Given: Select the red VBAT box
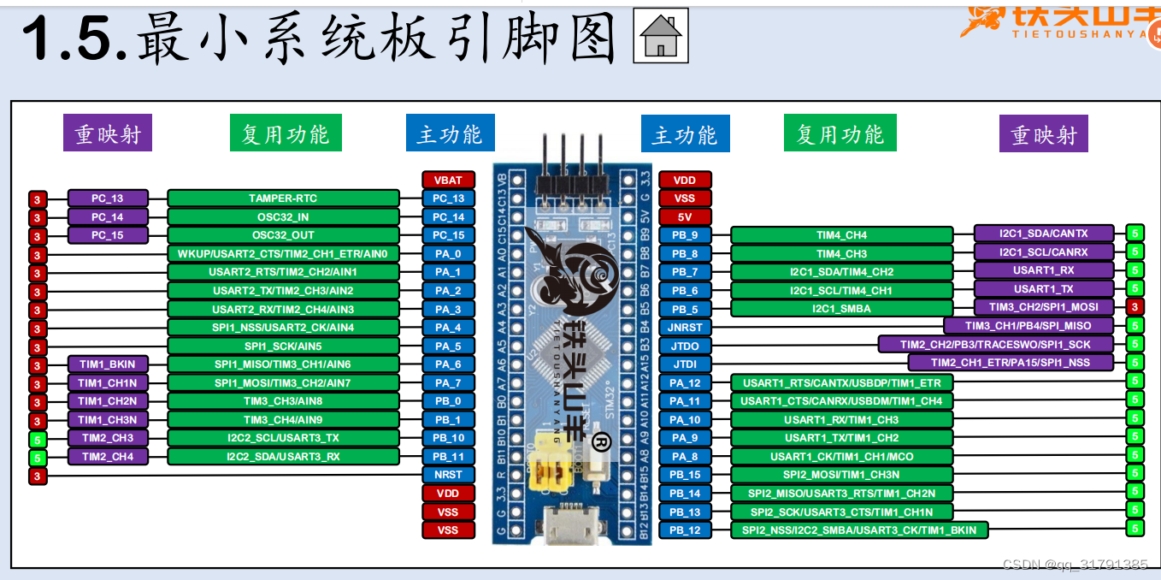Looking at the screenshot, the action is (x=448, y=181).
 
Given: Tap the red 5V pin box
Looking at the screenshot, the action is (x=685, y=217).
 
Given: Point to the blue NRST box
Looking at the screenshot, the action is (x=448, y=475).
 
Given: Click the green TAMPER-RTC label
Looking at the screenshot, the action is (x=283, y=198).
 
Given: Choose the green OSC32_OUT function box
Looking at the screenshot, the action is (x=283, y=235).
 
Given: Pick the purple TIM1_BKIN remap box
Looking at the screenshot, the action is (x=108, y=364).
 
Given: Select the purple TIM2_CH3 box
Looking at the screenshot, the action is (x=108, y=438).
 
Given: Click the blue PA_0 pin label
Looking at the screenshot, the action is (x=448, y=254).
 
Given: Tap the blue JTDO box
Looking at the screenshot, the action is (x=685, y=346).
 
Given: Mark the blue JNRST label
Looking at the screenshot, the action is (x=685, y=328).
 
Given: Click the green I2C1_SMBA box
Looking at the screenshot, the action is (x=841, y=309).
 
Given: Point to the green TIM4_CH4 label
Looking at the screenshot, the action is (x=841, y=235).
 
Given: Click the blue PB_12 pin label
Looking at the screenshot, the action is (x=685, y=530).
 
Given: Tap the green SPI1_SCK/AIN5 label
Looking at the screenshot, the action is (x=283, y=346).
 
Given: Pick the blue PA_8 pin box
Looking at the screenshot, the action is (x=685, y=457).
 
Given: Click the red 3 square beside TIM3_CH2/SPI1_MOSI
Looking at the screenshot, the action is (x=1134, y=306).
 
